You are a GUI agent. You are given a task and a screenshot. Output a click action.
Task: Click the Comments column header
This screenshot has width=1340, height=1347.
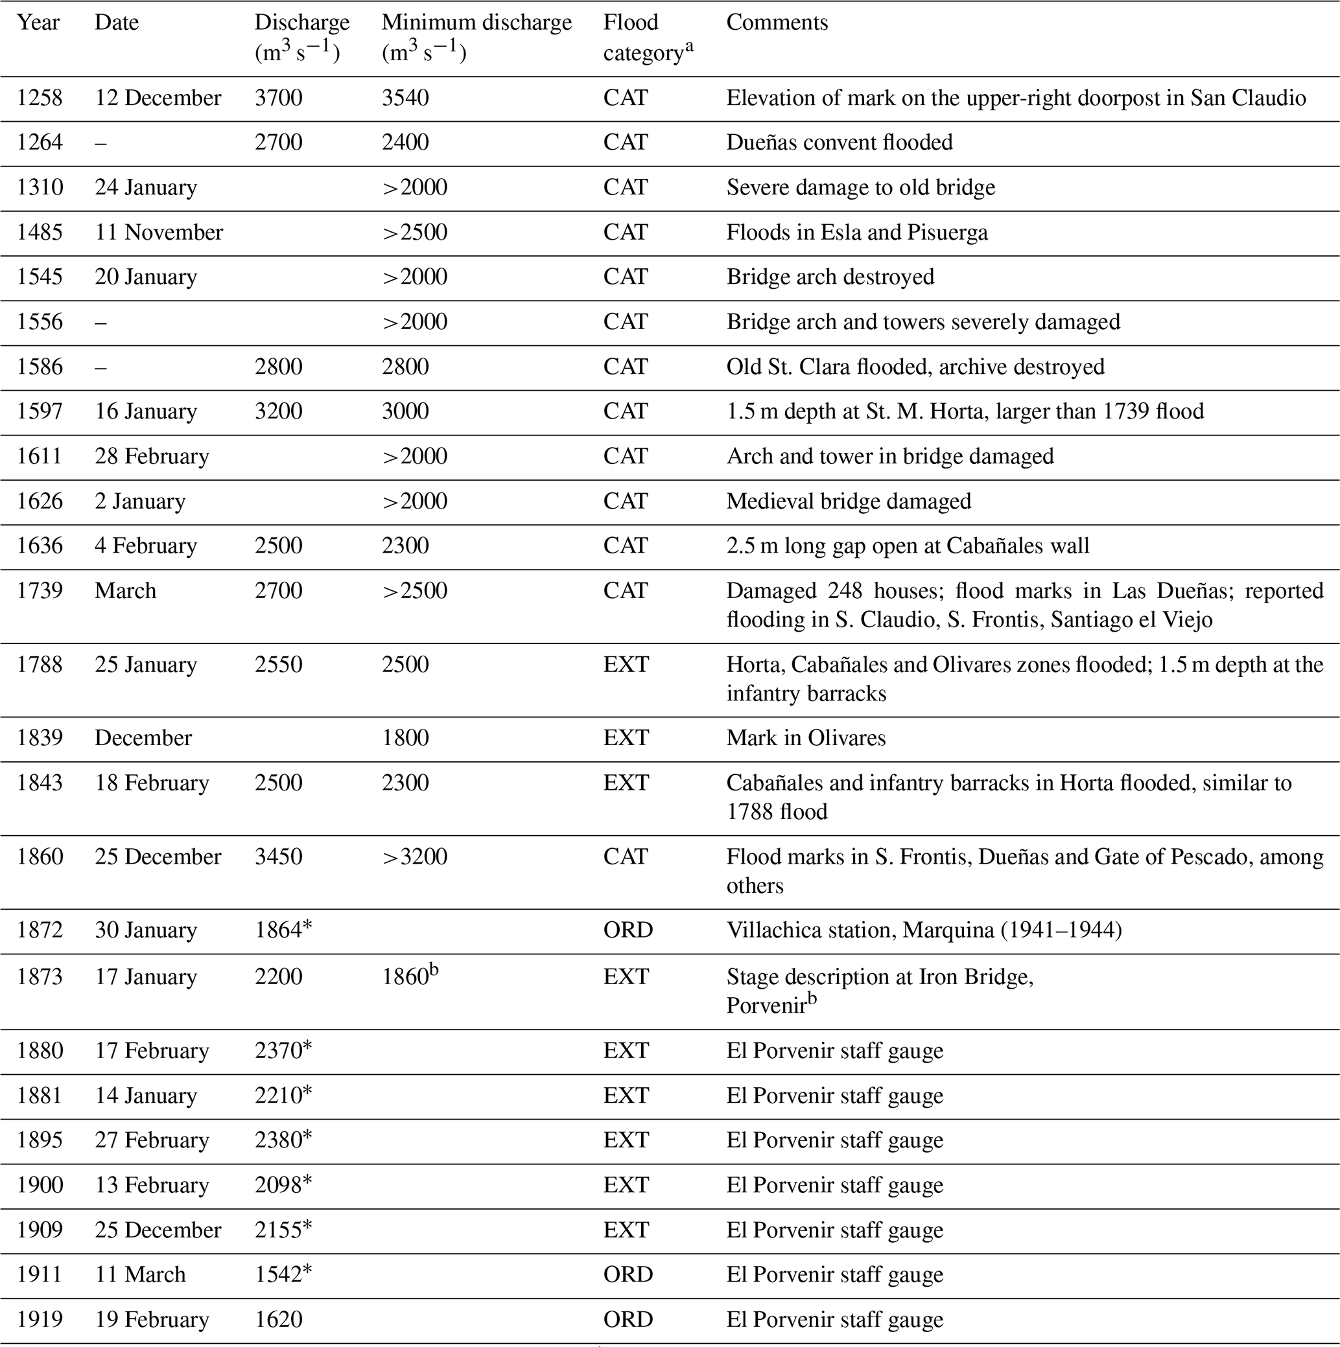click(x=777, y=22)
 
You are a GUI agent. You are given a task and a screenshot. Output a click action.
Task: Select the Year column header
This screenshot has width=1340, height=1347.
click(x=38, y=22)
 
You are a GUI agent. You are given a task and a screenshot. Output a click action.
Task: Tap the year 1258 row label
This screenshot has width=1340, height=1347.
click(x=40, y=98)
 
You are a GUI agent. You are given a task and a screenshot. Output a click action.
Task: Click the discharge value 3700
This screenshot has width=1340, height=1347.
click(x=278, y=98)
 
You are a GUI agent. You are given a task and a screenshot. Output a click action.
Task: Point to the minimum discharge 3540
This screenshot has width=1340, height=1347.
click(x=405, y=98)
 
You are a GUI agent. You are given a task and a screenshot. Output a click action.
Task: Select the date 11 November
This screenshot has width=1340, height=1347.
click(x=158, y=232)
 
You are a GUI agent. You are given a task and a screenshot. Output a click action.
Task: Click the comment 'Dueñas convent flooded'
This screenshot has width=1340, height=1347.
click(x=839, y=143)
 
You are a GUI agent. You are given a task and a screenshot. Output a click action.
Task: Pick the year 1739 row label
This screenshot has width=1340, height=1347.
click(x=40, y=590)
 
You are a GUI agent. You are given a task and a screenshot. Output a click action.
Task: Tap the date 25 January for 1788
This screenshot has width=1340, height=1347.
click(x=146, y=665)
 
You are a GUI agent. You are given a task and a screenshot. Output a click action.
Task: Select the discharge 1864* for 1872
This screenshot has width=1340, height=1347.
click(x=283, y=930)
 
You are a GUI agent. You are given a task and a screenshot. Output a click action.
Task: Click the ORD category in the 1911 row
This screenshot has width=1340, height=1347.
click(x=628, y=1274)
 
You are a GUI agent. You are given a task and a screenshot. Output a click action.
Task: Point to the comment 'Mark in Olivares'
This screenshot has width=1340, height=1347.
click(x=806, y=737)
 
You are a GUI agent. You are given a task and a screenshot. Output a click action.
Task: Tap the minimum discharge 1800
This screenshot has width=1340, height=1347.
click(x=405, y=737)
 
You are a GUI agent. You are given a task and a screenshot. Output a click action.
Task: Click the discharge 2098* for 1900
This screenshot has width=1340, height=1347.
click(x=283, y=1184)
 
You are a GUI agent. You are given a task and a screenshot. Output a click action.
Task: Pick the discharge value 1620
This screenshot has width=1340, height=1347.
click(x=278, y=1319)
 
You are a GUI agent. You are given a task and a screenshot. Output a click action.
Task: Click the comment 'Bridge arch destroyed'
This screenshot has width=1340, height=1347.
click(x=830, y=277)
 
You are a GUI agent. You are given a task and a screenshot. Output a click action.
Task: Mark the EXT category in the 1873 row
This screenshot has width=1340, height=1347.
click(x=626, y=977)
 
